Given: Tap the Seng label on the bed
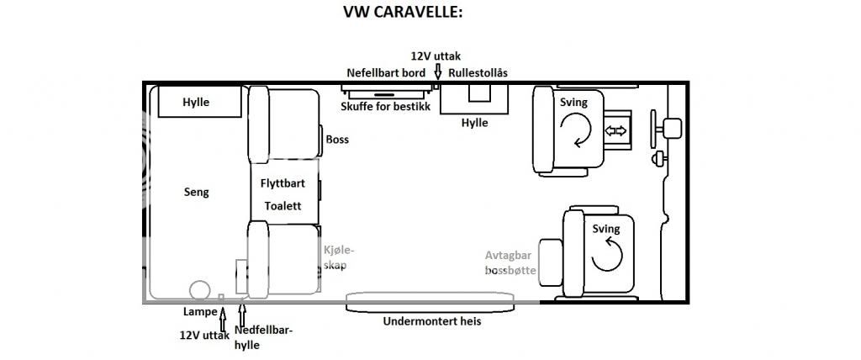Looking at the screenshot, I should point(196,192).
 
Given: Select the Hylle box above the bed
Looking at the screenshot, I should point(196,103).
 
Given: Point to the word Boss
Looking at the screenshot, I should point(337,140).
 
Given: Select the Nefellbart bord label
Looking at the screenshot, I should point(386,73).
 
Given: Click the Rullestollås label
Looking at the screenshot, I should point(478,73).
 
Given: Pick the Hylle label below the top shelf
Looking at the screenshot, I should point(474,123).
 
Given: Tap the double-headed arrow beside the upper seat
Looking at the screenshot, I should point(616,130).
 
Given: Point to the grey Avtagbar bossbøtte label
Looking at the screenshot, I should point(510,263).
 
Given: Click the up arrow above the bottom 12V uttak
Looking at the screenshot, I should point(222,321).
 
